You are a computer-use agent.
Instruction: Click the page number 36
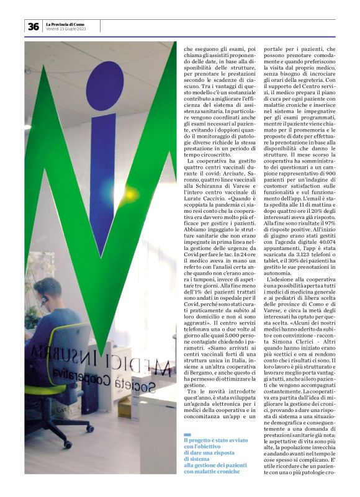click(33, 26)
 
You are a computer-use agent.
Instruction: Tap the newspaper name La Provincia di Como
click(65, 24)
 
